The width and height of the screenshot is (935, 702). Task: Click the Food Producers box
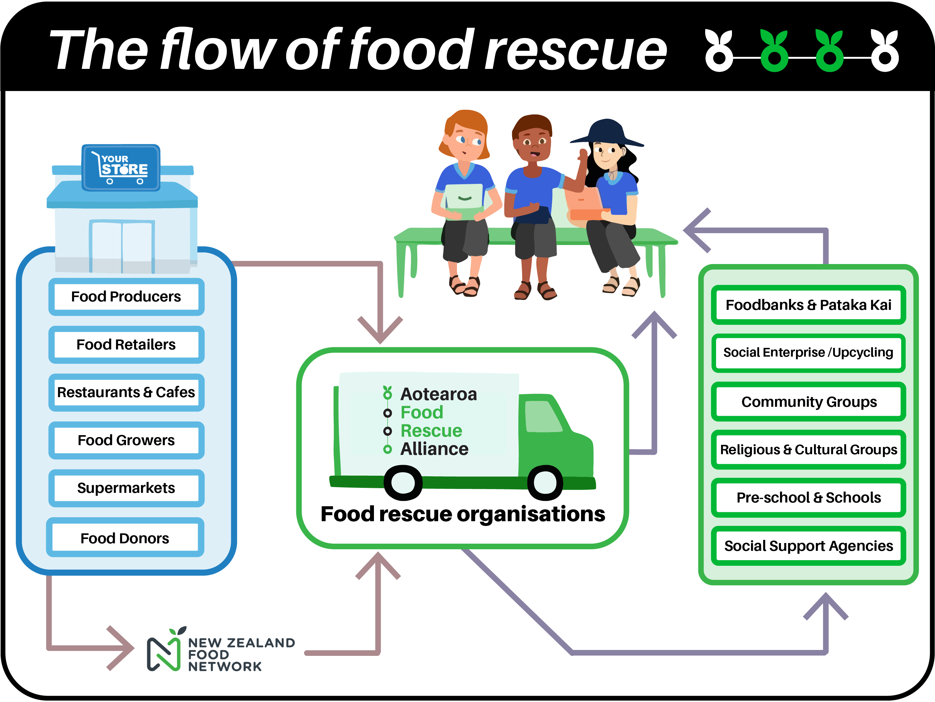pos(126,296)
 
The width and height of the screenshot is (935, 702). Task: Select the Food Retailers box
pos(126,344)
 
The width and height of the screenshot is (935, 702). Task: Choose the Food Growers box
pos(126,440)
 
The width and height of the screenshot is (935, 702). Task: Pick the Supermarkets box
pos(126,488)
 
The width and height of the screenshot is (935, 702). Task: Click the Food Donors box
pos(125,537)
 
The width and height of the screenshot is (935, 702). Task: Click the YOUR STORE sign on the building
pos(121,168)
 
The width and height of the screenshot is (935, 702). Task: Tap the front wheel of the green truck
pos(545,482)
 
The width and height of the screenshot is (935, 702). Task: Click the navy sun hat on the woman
pos(607,132)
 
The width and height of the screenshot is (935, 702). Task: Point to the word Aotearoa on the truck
pos(439,394)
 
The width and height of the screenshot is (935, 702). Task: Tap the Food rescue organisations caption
pos(463,514)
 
